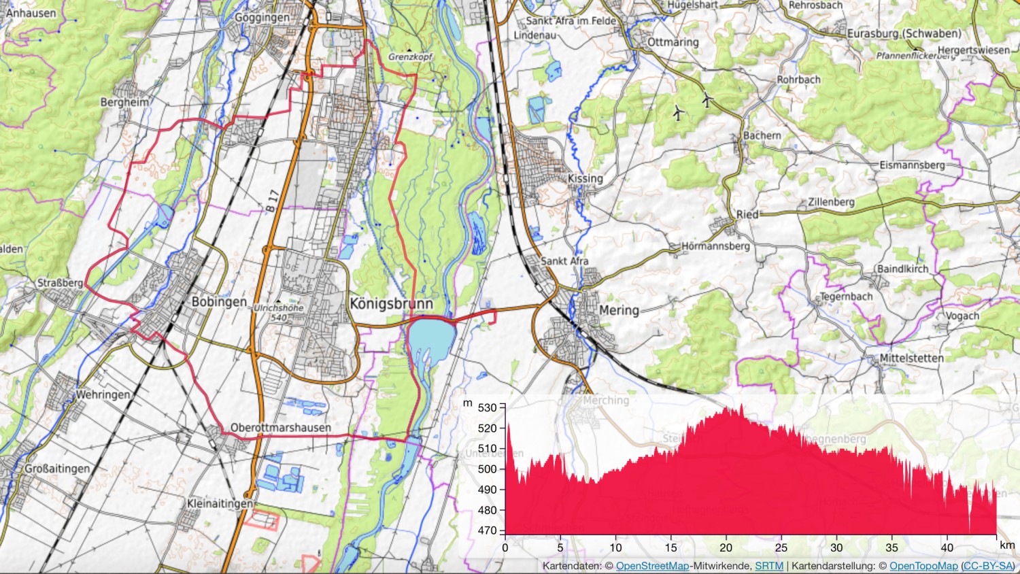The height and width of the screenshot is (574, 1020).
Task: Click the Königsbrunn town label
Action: pos(391,304)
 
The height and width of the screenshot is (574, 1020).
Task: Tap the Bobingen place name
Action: pos(219,302)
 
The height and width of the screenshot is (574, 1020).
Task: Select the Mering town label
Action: pos(619,310)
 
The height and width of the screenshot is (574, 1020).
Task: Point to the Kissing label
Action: pos(585,178)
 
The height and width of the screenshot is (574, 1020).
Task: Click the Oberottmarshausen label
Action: pos(281,428)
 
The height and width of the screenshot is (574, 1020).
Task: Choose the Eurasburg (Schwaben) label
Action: pos(904,33)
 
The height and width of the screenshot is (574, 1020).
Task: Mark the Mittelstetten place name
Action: pos(911,358)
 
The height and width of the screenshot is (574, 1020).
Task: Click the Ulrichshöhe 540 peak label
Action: pos(279,313)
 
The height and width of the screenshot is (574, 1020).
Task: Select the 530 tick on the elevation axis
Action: pos(488,408)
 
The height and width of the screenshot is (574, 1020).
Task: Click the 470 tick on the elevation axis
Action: pos(488,530)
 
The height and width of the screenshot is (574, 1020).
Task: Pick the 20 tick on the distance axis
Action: pos(726,547)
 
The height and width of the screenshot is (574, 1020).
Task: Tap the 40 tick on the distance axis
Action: pos(947,547)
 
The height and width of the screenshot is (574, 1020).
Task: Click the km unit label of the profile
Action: pos(1006,545)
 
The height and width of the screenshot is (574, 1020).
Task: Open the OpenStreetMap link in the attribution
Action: pos(652,566)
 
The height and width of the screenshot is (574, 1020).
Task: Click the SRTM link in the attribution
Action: pos(768,566)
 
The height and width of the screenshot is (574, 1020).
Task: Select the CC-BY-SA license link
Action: pos(987,566)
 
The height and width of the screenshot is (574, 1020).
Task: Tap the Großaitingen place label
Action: pos(57,469)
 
